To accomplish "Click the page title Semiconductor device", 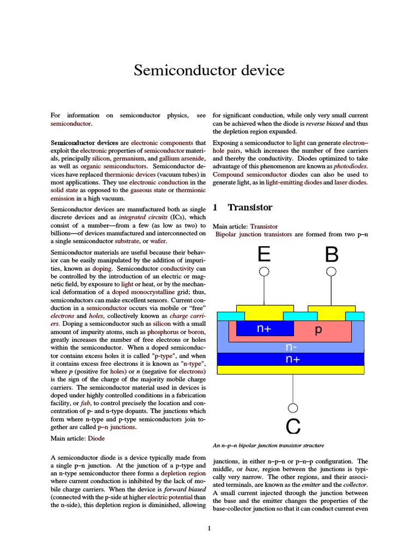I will pos(209,70).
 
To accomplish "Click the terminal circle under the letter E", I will pos(264,272).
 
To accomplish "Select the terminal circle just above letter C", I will pos(293,408).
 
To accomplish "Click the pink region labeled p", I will pos(319,330).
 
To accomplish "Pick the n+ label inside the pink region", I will pos(264,329).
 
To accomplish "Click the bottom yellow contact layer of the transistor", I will pos(290,370).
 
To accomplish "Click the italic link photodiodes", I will pos(351,166).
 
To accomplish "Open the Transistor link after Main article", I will pos(264,226).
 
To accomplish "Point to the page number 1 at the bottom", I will pos(209,528).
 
